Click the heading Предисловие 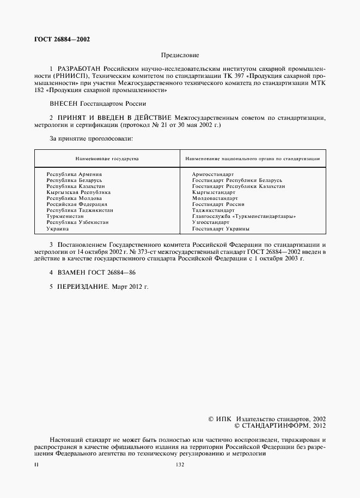180,55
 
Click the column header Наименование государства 107,159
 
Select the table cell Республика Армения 72,174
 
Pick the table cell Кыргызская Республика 78,192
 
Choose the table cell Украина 57,229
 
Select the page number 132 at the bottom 180,464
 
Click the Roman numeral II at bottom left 36,464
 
